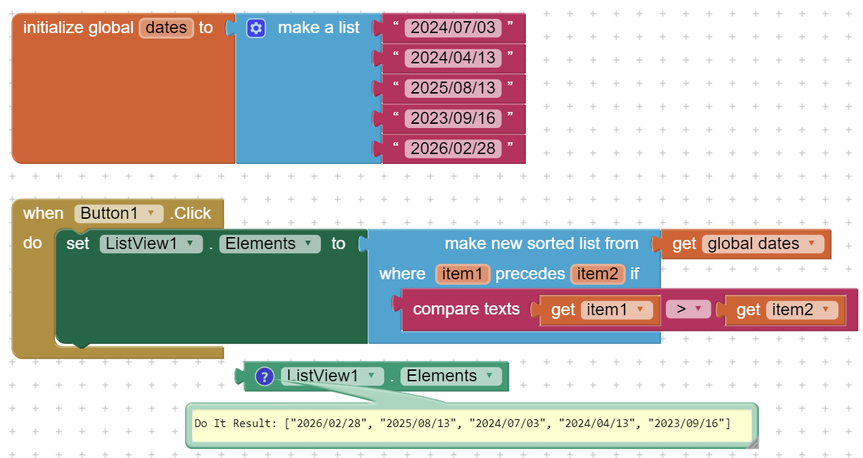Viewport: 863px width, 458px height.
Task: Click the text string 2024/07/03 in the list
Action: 453,28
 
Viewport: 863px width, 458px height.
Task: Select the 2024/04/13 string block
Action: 453,58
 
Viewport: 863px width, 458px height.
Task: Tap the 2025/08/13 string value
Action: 453,88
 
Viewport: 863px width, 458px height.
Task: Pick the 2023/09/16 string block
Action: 453,118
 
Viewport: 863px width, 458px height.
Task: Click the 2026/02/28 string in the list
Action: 453,148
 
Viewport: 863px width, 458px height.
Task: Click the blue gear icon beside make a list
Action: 256,28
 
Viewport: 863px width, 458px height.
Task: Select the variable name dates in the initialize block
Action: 166,28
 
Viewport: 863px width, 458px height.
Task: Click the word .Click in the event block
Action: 190,213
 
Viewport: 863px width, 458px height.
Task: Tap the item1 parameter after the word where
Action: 462,274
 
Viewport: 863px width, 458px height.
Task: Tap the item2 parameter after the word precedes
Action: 596,274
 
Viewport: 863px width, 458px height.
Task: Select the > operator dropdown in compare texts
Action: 688,310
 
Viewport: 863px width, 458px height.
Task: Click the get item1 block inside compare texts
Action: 598,310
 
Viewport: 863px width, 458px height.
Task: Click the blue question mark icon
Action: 264,376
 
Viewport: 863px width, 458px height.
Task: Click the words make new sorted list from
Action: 541,244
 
